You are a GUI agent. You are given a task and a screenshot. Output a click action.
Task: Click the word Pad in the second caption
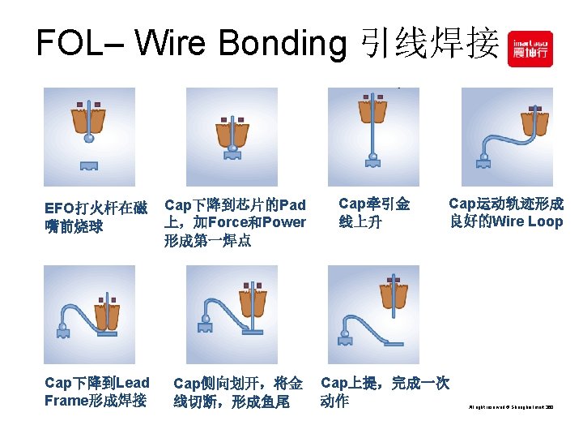click(291, 204)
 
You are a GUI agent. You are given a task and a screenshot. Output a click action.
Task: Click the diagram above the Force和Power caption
click(232, 136)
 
